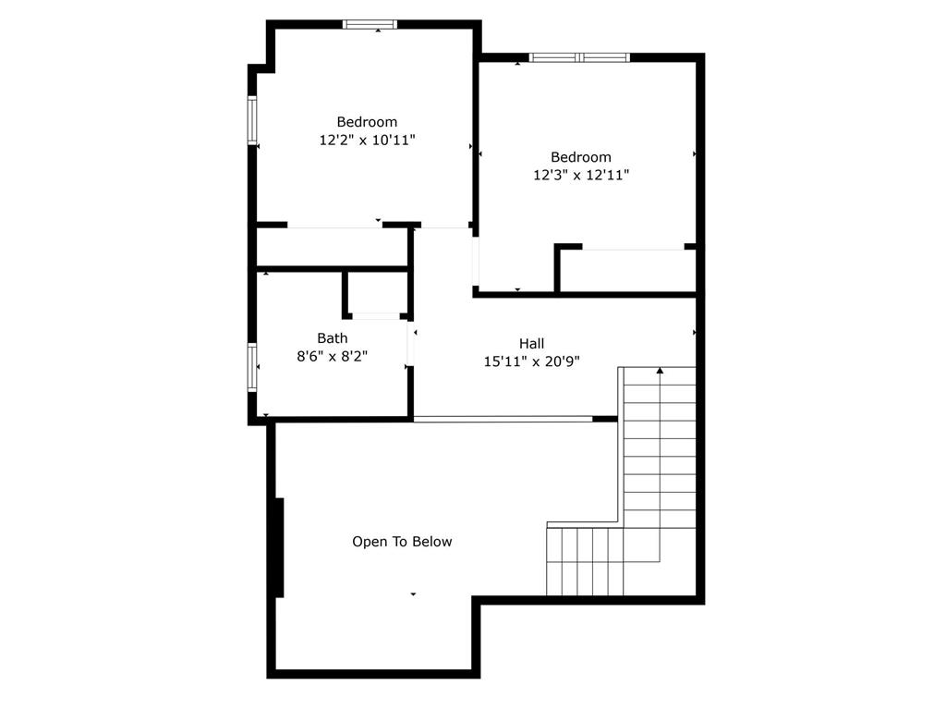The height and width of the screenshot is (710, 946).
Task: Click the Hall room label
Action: (x=531, y=344)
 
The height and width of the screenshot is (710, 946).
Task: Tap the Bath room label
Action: (x=333, y=338)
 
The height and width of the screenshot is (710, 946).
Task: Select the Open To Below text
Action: (x=402, y=542)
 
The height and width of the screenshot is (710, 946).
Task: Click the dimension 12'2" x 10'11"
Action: (x=367, y=141)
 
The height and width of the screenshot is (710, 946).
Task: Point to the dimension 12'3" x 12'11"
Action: (x=581, y=175)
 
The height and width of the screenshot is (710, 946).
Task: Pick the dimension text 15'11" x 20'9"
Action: (x=531, y=362)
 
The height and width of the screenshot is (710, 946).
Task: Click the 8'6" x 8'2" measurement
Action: (x=333, y=356)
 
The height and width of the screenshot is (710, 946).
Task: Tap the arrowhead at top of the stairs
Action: (x=660, y=371)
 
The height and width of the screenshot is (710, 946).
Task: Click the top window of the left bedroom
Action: (x=370, y=24)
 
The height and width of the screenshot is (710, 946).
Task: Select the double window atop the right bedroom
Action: (x=579, y=57)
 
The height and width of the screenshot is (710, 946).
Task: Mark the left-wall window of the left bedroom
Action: (x=251, y=120)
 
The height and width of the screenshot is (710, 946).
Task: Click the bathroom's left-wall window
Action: (x=251, y=367)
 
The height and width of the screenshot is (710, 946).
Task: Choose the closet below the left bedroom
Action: (x=333, y=247)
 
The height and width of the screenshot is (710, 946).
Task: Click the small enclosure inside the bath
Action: (x=376, y=293)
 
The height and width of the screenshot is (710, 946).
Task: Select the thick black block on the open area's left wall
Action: (x=279, y=547)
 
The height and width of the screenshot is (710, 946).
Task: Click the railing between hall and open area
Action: (x=503, y=419)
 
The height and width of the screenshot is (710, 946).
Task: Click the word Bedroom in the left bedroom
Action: (x=367, y=122)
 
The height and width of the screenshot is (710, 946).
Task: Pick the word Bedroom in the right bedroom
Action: (x=581, y=157)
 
